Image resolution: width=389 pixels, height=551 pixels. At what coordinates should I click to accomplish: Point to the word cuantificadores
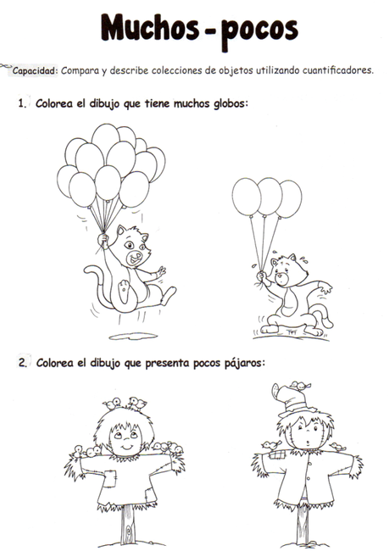(x=331, y=71)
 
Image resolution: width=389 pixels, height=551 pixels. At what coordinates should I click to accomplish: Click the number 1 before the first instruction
(x=20, y=104)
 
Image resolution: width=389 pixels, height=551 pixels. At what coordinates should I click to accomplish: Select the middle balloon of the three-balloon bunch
(x=270, y=196)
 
